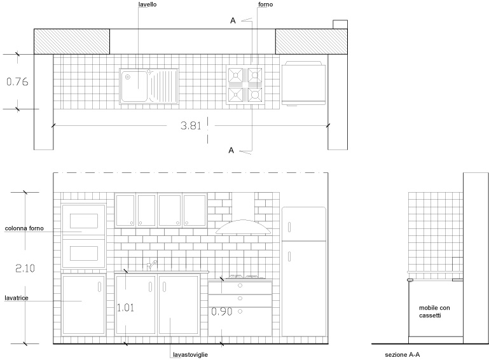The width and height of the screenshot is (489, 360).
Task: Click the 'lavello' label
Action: pos(148,4)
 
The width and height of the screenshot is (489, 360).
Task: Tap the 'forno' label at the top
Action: pos(265,4)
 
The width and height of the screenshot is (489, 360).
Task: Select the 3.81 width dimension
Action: pos(191,125)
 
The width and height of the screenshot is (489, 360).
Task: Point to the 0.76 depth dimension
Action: pos(17,82)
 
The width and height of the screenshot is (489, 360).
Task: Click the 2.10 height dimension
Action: pos(25,268)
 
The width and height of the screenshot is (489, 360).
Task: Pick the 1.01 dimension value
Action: pos(125,308)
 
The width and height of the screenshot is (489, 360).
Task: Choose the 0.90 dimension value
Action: pos(222,311)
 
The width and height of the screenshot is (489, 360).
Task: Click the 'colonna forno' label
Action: pos(24,228)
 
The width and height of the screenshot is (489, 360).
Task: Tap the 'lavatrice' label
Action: pos(17,298)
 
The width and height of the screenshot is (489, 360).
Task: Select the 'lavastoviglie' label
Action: pos(190,355)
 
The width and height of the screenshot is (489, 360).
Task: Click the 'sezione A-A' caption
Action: pos(403,355)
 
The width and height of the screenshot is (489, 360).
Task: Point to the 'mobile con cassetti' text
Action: pos(434,312)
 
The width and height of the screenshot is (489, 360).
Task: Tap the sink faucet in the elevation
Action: pos(152,265)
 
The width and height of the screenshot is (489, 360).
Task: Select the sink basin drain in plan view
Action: pos(128,77)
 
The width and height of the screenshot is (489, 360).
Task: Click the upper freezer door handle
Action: pos(289,227)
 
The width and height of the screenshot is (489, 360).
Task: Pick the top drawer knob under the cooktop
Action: pos(240,286)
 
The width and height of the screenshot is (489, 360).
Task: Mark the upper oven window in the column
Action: pos(83,221)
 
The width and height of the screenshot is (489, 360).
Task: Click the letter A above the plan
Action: pos(233,20)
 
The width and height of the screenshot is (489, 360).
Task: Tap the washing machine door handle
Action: pos(99,287)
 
